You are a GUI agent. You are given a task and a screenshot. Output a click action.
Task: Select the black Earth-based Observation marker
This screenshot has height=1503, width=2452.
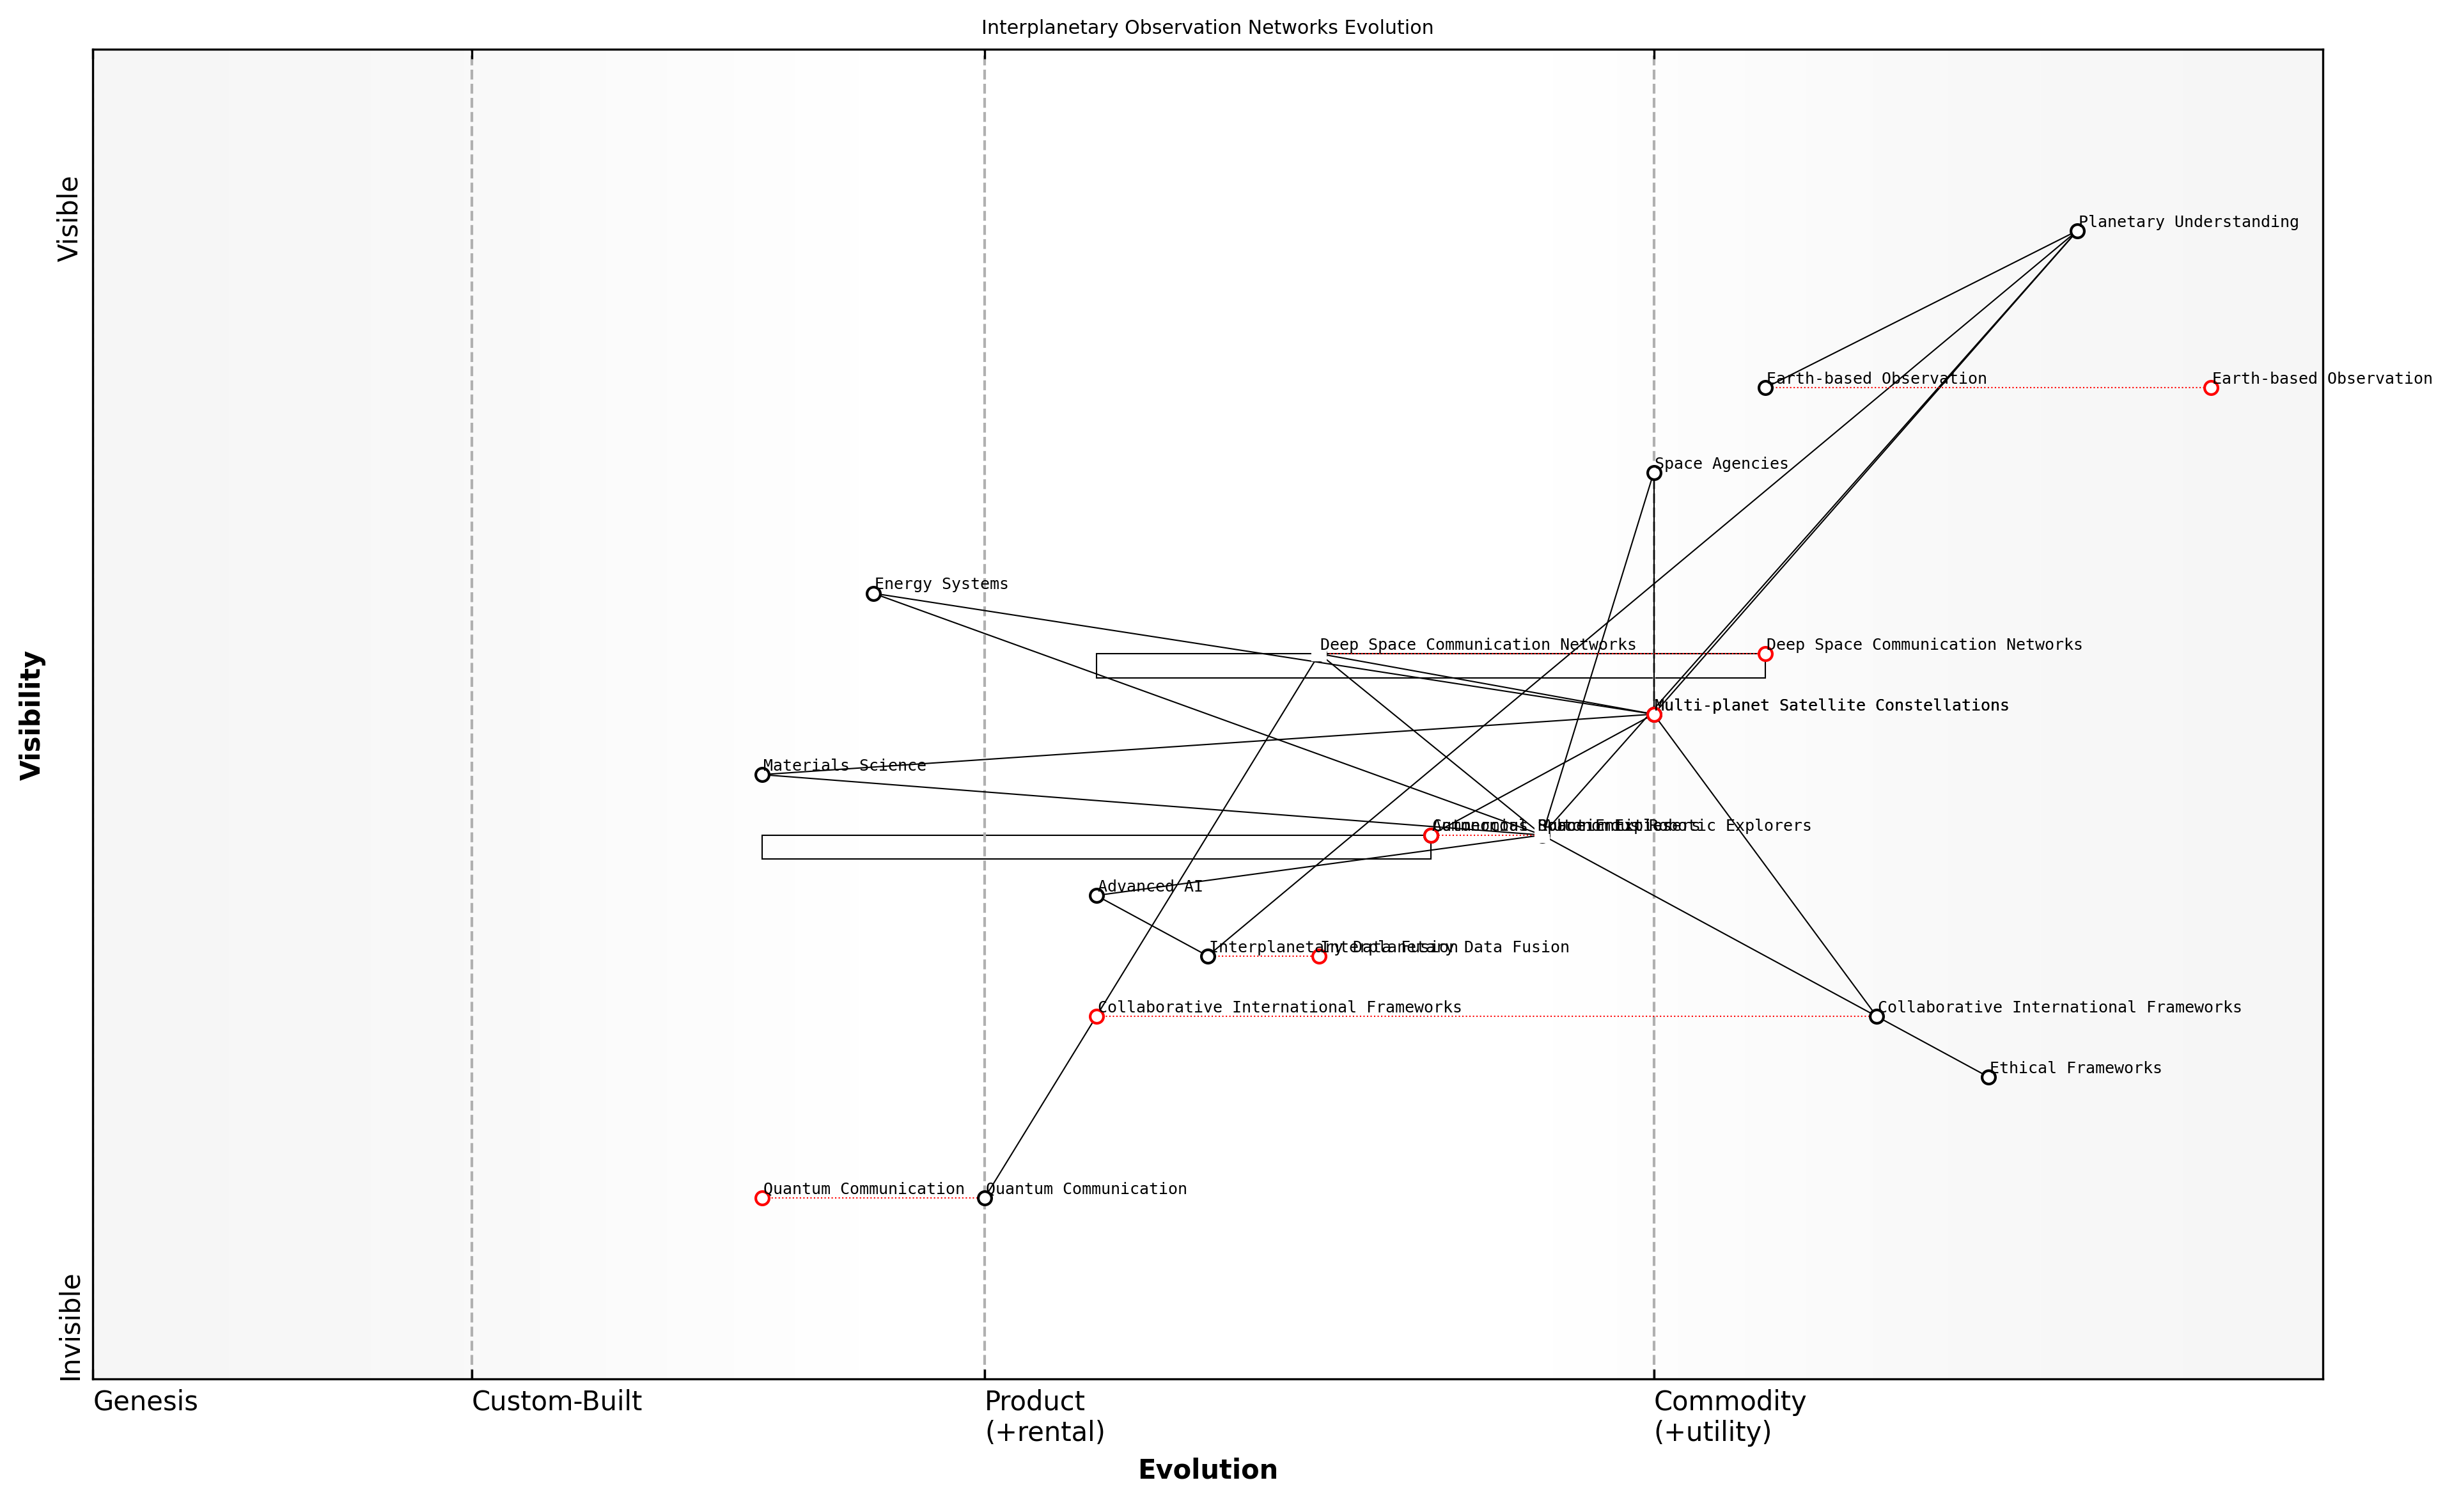[1765, 388]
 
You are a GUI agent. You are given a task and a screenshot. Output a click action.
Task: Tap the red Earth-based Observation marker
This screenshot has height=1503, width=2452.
[2211, 388]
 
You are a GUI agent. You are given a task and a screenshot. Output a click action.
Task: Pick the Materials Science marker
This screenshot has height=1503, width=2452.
[762, 775]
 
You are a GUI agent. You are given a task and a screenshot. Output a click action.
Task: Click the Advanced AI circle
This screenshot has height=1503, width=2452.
[1097, 896]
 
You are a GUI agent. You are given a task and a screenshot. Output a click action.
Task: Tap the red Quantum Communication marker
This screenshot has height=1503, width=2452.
[762, 1199]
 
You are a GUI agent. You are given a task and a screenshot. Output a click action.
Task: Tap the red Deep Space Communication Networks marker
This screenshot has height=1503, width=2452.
[1765, 654]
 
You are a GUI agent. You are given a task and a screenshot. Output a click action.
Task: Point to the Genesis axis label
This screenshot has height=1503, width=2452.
[145, 1401]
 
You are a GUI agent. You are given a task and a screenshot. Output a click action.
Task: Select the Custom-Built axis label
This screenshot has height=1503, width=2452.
[556, 1401]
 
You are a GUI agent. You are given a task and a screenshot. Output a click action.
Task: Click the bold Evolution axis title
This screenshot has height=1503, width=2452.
[1207, 1470]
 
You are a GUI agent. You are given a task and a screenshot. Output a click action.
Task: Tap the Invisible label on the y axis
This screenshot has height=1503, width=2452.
[70, 1327]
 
